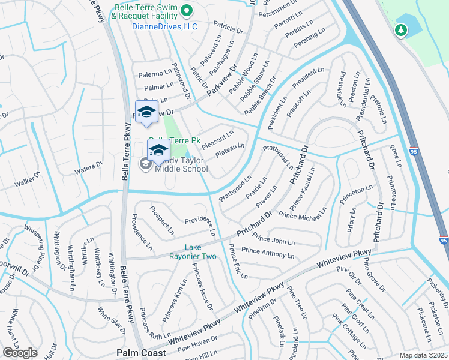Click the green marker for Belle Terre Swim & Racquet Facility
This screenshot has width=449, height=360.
click(x=186, y=10)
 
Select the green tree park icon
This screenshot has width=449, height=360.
click(x=400, y=29)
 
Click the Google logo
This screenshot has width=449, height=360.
click(x=20, y=353)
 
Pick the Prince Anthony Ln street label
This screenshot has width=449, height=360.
click(x=268, y=253)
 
